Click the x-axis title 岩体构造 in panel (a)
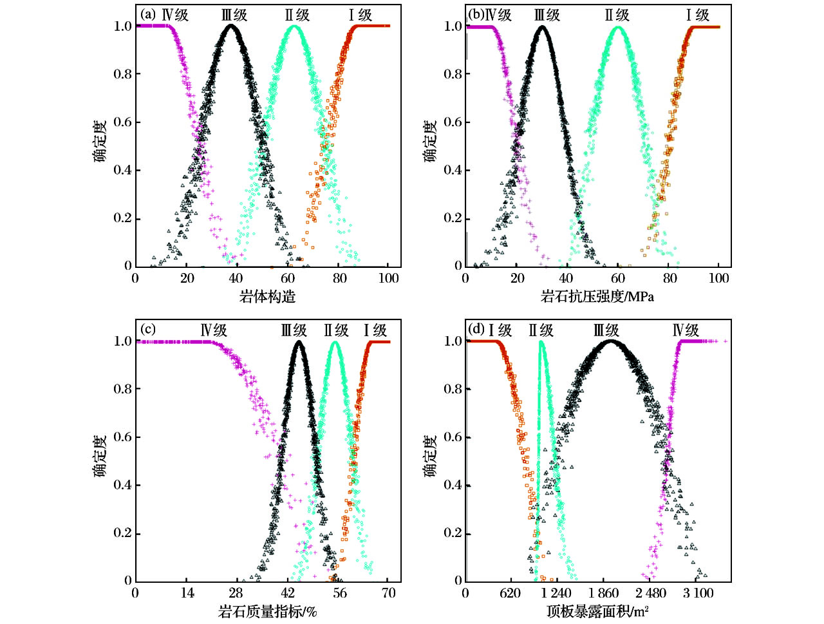267,297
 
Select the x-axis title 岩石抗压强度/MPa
597,297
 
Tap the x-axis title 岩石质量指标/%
267,611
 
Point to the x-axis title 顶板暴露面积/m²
597,611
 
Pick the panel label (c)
148,330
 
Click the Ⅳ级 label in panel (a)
175,15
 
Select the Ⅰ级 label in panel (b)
698,15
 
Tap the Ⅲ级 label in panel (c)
294,330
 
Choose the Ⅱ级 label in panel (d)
541,330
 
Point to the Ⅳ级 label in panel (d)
686,330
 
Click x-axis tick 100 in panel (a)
388,278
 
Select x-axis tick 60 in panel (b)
618,278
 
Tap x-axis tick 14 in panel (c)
187,593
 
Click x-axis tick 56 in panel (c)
339,593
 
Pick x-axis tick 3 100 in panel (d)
698,593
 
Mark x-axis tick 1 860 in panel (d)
604,593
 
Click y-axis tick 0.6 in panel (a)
122,122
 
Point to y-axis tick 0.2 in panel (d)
453,533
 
